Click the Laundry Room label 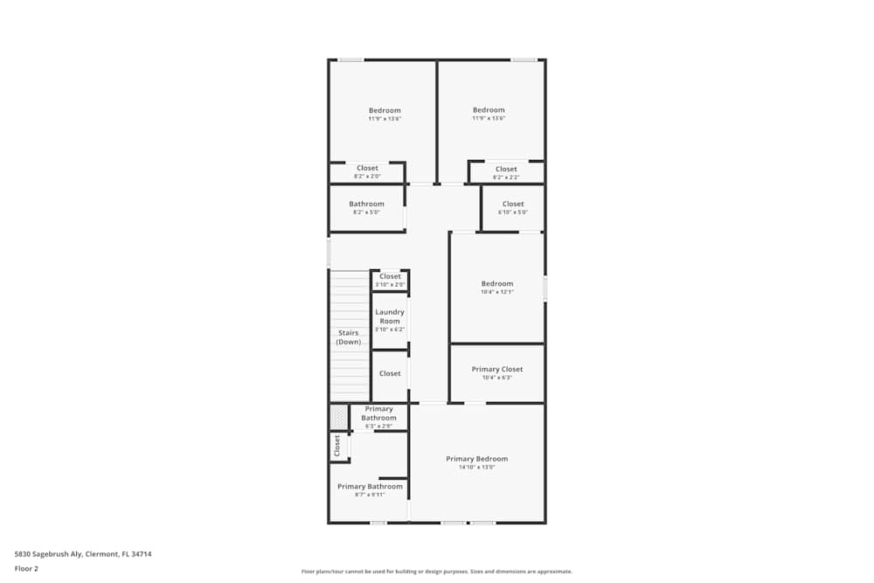[390, 316]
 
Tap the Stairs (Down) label [349, 337]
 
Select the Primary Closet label [497, 369]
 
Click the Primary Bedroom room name [476, 459]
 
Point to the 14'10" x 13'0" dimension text [476, 468]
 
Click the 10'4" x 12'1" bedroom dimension [497, 292]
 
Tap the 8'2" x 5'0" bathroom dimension [366, 212]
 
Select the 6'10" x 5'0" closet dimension [513, 212]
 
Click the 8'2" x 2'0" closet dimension [367, 177]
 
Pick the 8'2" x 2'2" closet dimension [506, 177]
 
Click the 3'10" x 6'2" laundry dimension [390, 330]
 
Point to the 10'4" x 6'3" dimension [497, 378]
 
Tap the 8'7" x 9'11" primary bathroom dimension [370, 495]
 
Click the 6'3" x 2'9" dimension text [378, 427]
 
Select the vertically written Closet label [336, 446]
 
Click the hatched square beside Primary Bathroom [338, 417]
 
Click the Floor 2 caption [27, 568]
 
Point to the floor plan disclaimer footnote [437, 572]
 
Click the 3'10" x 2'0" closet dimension [390, 285]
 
